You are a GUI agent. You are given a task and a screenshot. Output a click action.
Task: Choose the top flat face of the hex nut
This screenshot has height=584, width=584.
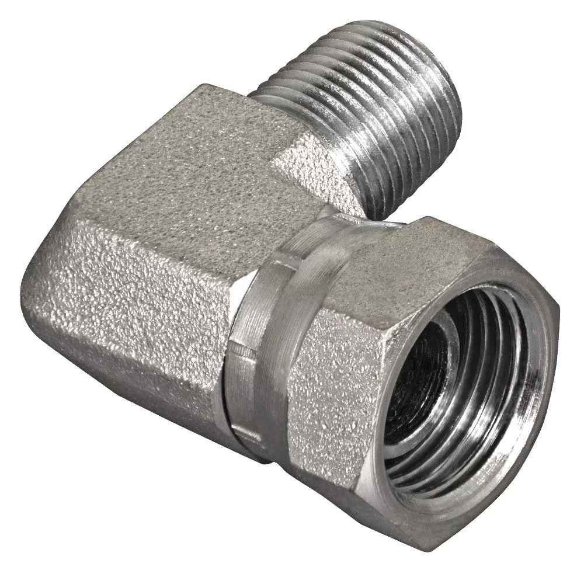385,251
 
